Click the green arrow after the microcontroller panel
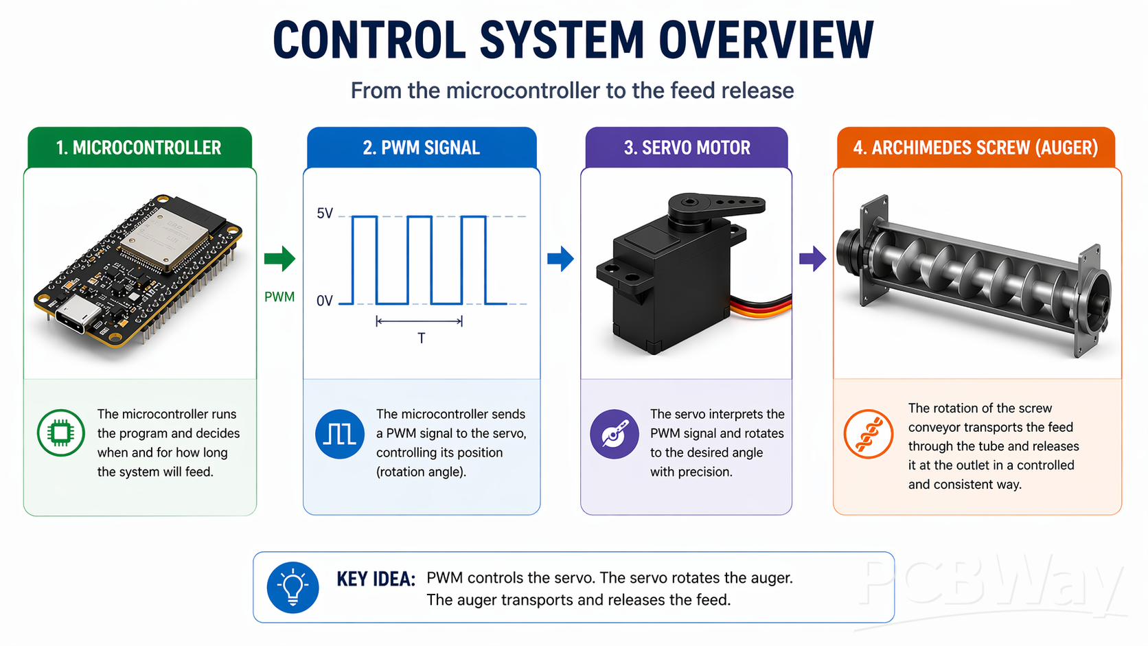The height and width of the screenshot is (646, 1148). tap(279, 259)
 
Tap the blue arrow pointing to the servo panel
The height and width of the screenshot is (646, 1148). tap(560, 259)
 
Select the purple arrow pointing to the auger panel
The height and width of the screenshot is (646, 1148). tap(812, 259)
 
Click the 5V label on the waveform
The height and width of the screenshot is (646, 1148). tap(325, 214)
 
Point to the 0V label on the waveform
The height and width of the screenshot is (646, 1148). tap(325, 301)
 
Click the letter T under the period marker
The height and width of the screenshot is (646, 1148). tap(421, 338)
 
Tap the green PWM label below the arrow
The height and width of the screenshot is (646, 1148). tap(279, 297)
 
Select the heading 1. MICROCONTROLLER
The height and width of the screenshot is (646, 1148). tap(139, 148)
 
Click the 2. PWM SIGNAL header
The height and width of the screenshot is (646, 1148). tap(421, 148)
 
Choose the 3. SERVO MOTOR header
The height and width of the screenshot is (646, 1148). tap(687, 148)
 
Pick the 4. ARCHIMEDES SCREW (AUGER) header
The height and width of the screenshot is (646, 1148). tap(976, 148)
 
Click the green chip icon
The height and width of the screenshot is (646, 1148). tap(61, 432)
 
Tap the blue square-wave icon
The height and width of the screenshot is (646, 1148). tap(340, 434)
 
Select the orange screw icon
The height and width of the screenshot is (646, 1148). tap(869, 434)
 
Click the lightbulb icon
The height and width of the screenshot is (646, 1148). tap(293, 588)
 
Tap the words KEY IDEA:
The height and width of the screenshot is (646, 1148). tap(376, 579)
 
